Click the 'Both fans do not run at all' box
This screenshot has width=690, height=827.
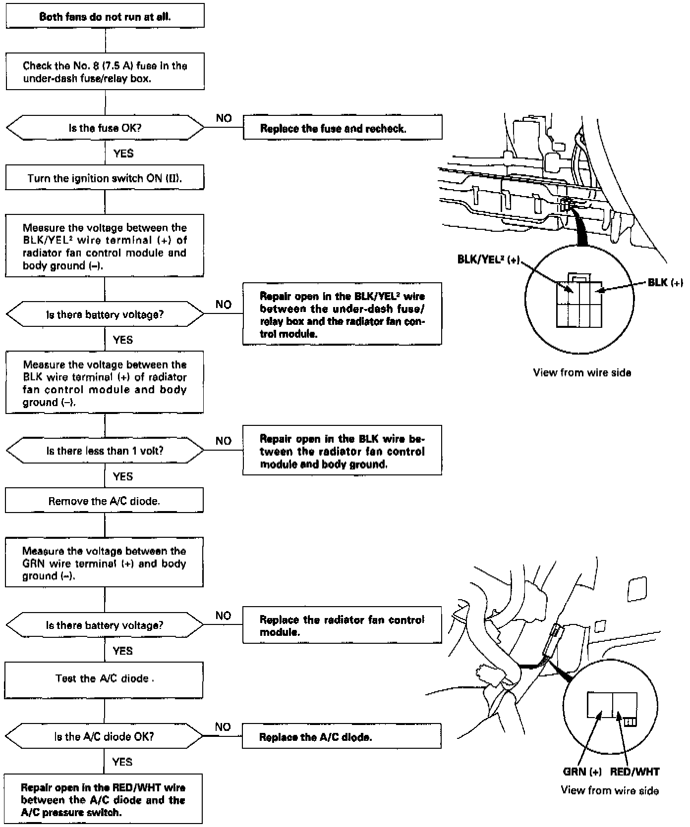coord(105,16)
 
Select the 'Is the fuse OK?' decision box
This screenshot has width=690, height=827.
coord(105,128)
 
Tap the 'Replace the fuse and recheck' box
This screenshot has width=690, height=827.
coord(342,129)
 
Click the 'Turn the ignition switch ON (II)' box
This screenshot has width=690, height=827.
coord(105,178)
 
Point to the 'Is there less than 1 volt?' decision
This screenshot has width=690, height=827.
coord(105,451)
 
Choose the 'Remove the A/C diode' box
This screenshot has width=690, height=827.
coord(104,501)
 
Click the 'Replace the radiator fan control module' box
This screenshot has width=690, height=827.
coord(342,625)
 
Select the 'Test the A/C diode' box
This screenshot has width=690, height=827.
coord(104,678)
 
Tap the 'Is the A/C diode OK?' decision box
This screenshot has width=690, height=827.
coord(104,736)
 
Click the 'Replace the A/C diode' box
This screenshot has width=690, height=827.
coord(342,737)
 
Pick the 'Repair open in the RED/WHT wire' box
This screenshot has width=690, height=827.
coord(104,800)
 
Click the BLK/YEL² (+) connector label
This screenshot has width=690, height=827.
coord(488,260)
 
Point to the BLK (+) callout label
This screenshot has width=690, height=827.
coord(665,282)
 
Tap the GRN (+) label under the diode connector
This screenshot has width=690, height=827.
coord(582,772)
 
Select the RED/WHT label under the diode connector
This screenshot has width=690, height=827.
coord(635,772)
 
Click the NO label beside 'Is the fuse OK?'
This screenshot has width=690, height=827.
coord(224,118)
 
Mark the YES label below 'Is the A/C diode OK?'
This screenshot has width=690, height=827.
coord(122,762)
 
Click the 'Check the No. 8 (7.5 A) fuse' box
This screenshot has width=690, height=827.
coord(105,72)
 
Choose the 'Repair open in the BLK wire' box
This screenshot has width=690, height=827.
coord(342,451)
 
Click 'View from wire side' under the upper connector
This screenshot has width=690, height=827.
coord(582,372)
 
